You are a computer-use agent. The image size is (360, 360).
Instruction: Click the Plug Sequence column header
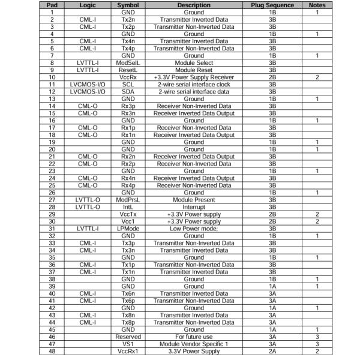click(x=272, y=5)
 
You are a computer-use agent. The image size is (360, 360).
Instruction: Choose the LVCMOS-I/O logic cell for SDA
click(x=88, y=92)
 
